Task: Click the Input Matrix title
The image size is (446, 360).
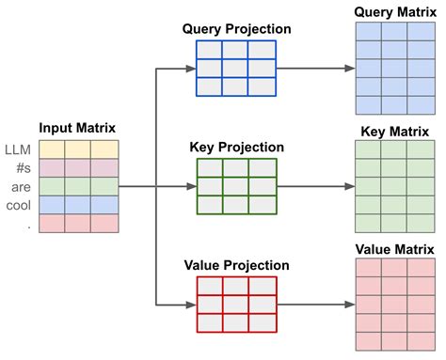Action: (77, 126)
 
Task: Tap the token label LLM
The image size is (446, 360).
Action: (18, 149)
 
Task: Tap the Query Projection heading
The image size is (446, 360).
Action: (236, 29)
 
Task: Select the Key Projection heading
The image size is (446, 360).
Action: (237, 147)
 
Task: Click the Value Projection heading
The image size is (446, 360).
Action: (236, 264)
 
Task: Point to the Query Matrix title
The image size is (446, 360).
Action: (394, 11)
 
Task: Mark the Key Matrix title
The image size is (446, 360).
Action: (394, 130)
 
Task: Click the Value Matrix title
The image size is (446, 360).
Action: (394, 249)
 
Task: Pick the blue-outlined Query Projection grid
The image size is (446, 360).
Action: (236, 68)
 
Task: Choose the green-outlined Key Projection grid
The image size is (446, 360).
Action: (236, 186)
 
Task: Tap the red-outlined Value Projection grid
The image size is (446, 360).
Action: (236, 303)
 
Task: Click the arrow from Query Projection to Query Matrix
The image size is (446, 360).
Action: (315, 68)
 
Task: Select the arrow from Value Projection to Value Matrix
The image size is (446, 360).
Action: (315, 305)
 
